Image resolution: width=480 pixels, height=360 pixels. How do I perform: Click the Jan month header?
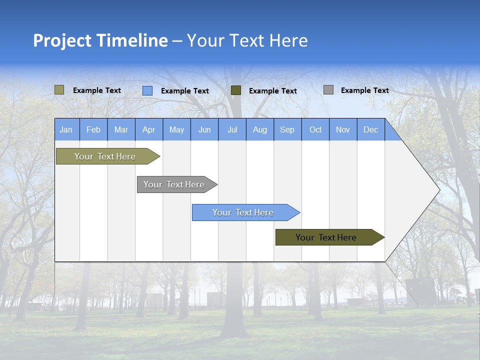point(66,129)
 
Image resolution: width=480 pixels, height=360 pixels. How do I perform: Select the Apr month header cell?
point(148,129)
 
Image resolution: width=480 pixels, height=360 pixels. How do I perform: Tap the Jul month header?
point(232,129)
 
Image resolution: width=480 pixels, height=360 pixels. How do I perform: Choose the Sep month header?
point(287,129)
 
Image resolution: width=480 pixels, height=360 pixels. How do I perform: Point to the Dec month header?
point(370,129)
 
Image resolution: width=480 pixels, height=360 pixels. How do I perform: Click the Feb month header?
point(93,129)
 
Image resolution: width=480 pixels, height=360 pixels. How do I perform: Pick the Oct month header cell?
point(315,129)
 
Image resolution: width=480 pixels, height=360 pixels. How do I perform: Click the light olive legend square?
point(59,90)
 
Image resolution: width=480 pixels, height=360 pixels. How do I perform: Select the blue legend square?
point(147,90)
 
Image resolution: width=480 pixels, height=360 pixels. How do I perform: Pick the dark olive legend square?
point(236,90)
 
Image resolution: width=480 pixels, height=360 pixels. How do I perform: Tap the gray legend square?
point(328,90)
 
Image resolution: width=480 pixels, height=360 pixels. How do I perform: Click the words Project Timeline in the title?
point(100,40)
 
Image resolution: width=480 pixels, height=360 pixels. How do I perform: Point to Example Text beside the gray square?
point(364,90)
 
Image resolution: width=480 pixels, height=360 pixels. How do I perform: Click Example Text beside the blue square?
point(184,91)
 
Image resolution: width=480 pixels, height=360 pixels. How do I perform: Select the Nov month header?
point(343,129)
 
